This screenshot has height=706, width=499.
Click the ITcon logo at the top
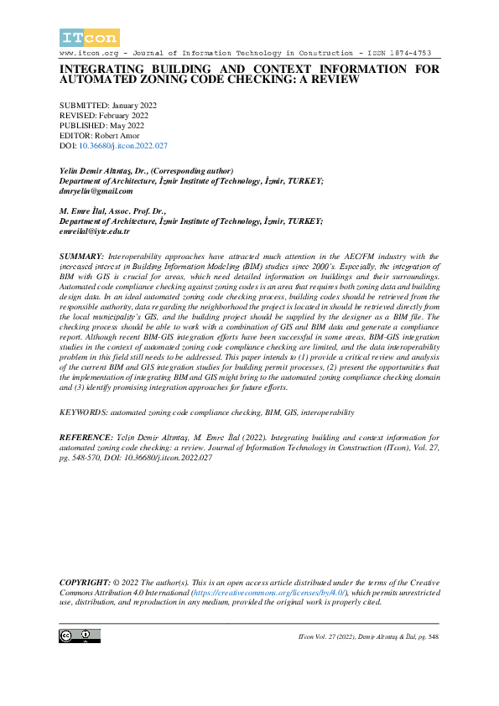tap(90, 37)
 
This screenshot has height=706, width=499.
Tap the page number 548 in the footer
tap(433, 638)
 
